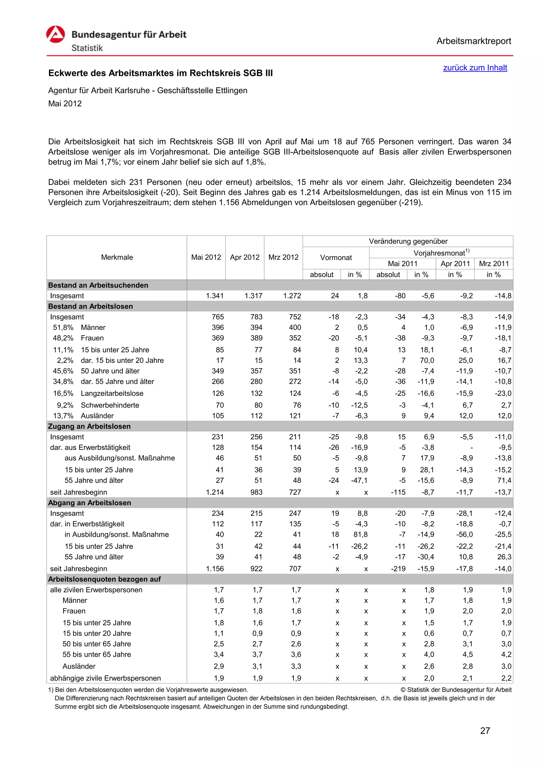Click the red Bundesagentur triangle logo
point(56,35)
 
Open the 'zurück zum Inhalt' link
point(475,68)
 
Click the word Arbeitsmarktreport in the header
point(474,41)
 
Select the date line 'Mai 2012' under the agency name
point(65,104)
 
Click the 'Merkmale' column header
point(117,257)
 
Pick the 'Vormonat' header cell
point(336,258)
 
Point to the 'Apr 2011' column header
point(455,263)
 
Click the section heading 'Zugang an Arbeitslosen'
point(89,426)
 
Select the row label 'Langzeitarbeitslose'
point(112,393)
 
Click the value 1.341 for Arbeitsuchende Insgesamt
point(215,296)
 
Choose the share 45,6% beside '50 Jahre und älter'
point(63,371)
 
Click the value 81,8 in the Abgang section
point(360,534)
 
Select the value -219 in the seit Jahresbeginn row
point(398,569)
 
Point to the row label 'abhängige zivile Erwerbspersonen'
point(105,678)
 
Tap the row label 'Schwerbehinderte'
point(110,405)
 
